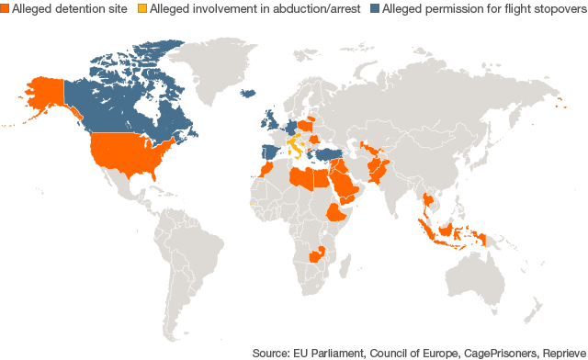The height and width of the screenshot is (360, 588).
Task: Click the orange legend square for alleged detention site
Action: click(5, 10)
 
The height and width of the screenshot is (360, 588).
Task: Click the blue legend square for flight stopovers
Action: click(373, 10)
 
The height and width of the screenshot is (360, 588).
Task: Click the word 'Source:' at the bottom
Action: click(274, 352)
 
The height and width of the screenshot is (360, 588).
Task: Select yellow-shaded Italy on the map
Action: click(295, 146)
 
